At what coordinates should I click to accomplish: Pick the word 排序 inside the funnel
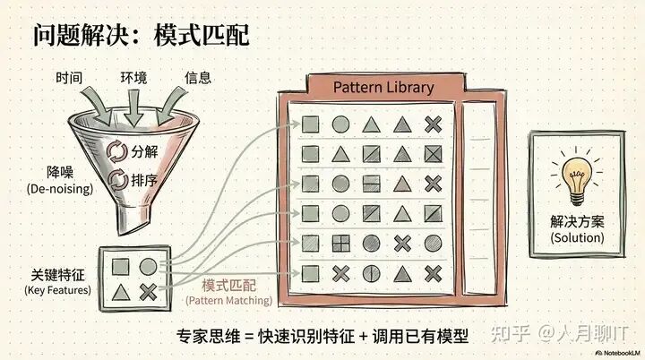click(145, 180)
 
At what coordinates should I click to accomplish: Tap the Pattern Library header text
click(383, 87)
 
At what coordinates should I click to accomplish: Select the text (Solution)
click(577, 238)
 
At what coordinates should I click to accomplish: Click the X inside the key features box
click(148, 289)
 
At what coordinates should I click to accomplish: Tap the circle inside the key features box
click(148, 265)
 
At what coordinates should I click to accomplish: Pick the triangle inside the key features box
click(121, 290)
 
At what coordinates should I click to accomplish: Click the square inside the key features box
click(121, 266)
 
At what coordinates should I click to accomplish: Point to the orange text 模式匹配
click(228, 286)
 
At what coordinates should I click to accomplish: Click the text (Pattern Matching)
click(228, 303)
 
